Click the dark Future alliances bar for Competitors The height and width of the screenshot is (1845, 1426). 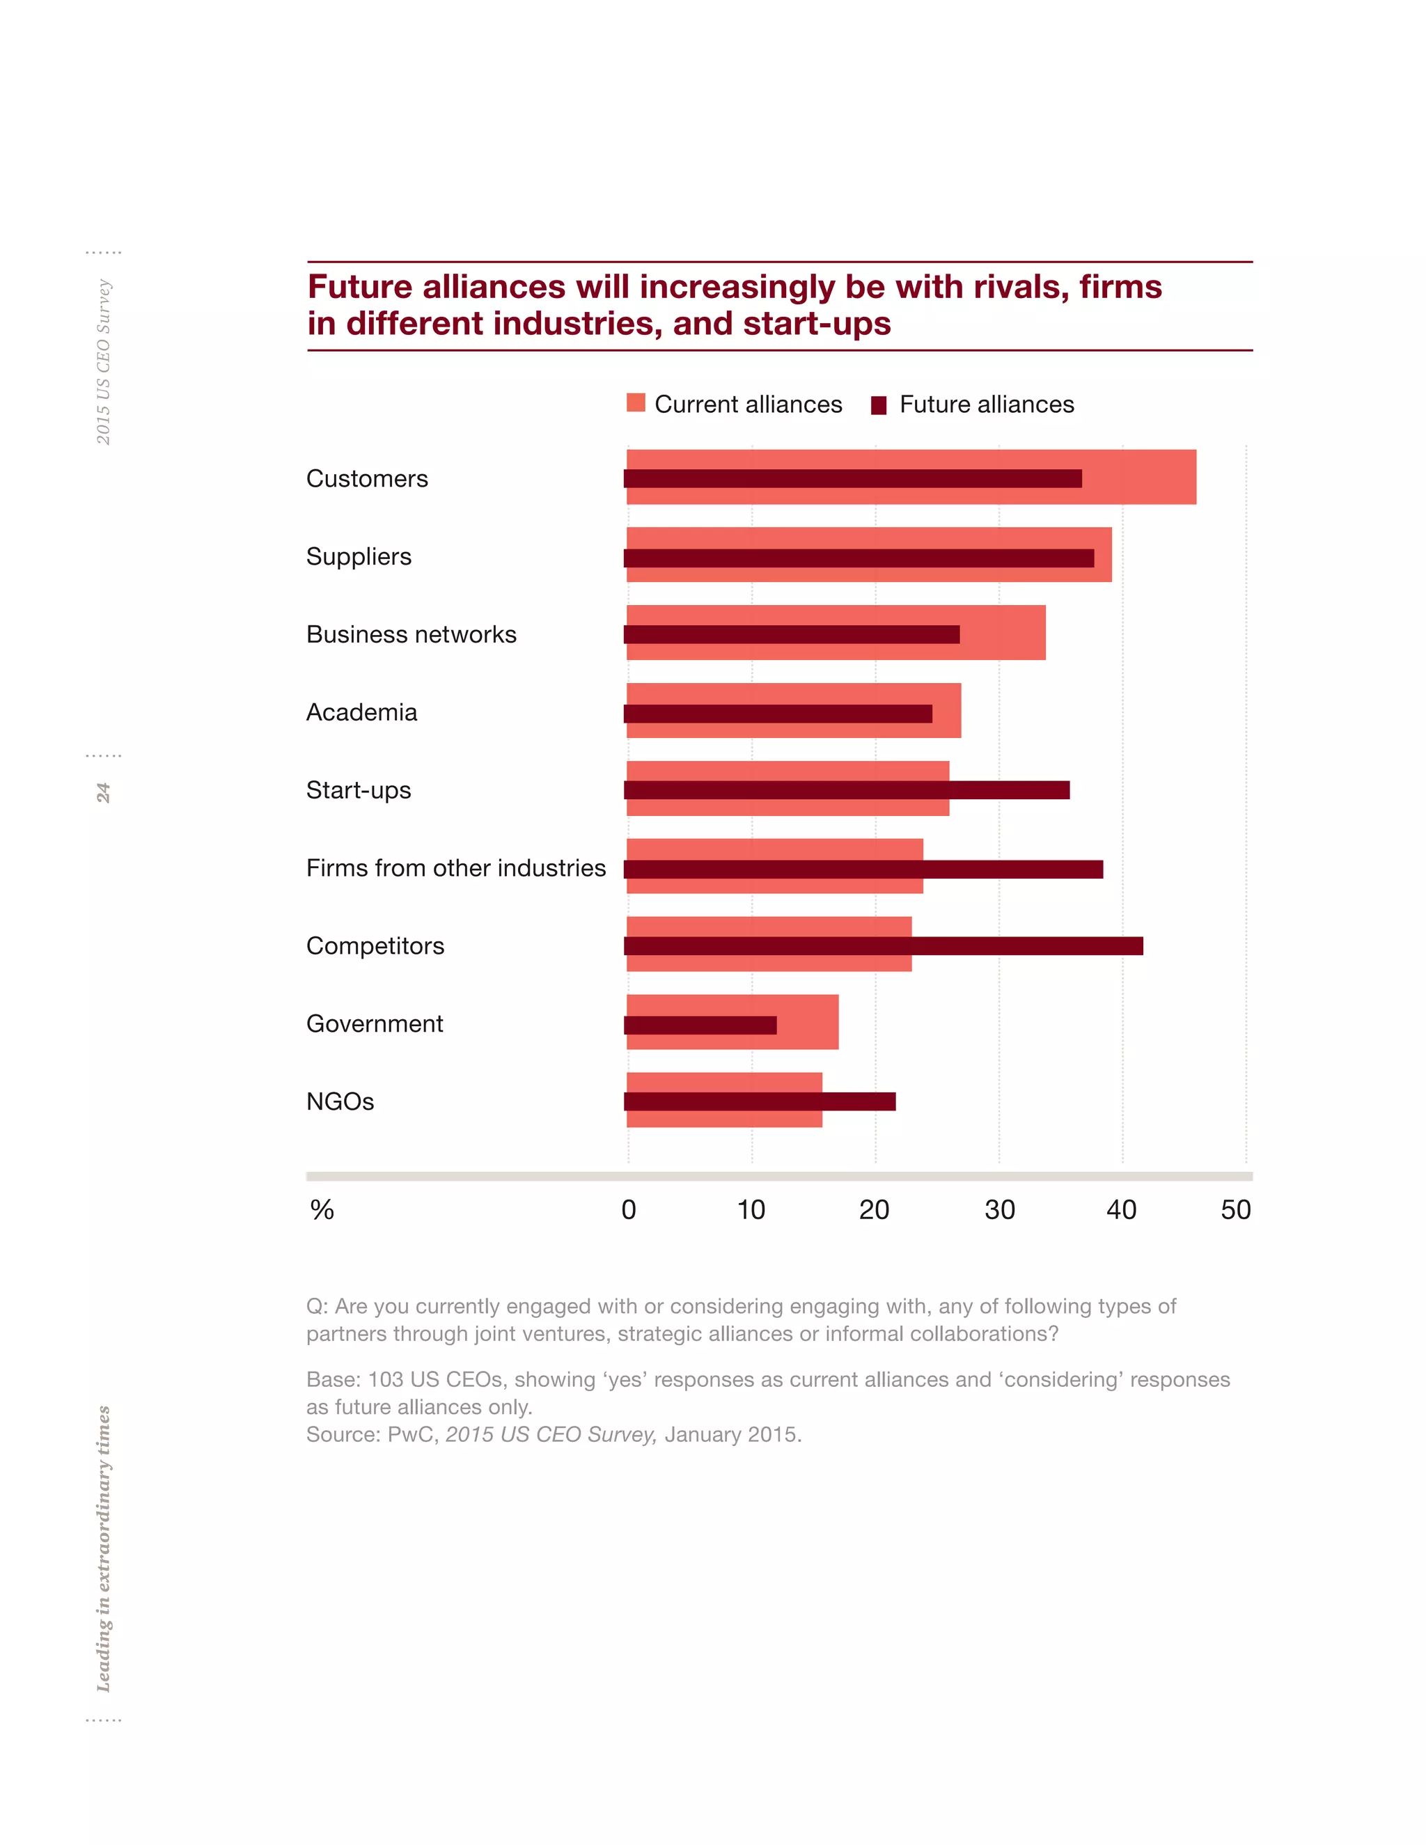(x=883, y=946)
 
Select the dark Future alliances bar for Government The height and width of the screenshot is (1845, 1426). (x=700, y=1025)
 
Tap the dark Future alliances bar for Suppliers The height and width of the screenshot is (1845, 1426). (x=859, y=558)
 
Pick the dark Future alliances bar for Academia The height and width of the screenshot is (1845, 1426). (x=777, y=714)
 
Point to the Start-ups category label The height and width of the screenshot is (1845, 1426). (x=358, y=791)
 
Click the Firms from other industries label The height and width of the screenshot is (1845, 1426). (x=455, y=868)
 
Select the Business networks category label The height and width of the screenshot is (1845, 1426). (x=411, y=634)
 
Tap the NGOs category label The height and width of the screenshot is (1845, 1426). (x=340, y=1101)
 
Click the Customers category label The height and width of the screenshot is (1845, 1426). (x=367, y=479)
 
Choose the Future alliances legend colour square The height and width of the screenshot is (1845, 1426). (x=879, y=405)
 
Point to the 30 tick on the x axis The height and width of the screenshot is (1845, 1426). (x=999, y=1211)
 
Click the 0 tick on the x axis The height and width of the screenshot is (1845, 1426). (x=629, y=1211)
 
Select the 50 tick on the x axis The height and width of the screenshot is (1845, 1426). (x=1235, y=1211)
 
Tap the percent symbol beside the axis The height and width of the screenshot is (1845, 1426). (x=322, y=1211)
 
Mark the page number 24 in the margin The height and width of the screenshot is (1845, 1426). (x=103, y=792)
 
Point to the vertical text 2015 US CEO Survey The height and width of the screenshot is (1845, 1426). (x=103, y=361)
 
